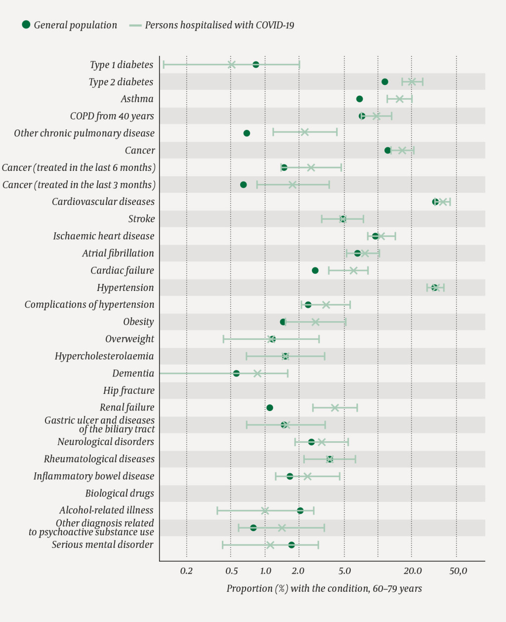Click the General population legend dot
tap(26, 25)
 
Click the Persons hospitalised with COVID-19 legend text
tap(219, 25)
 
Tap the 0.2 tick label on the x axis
tap(186, 571)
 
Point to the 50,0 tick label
tap(458, 571)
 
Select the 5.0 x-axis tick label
tap(344, 571)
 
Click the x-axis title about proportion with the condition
tap(324, 588)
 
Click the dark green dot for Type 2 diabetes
tap(385, 82)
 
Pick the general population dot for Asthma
tap(360, 99)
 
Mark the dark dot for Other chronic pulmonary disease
tap(247, 133)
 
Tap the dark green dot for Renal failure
tap(270, 408)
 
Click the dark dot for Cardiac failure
tap(315, 270)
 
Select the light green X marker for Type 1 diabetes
tap(231, 65)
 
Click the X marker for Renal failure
tap(335, 408)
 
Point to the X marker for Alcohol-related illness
tap(265, 510)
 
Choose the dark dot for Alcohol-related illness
tap(300, 510)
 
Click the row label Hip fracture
tap(128, 390)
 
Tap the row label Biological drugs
tap(120, 493)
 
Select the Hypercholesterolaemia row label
tap(104, 356)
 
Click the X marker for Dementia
tap(257, 373)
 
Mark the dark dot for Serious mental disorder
tap(292, 545)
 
